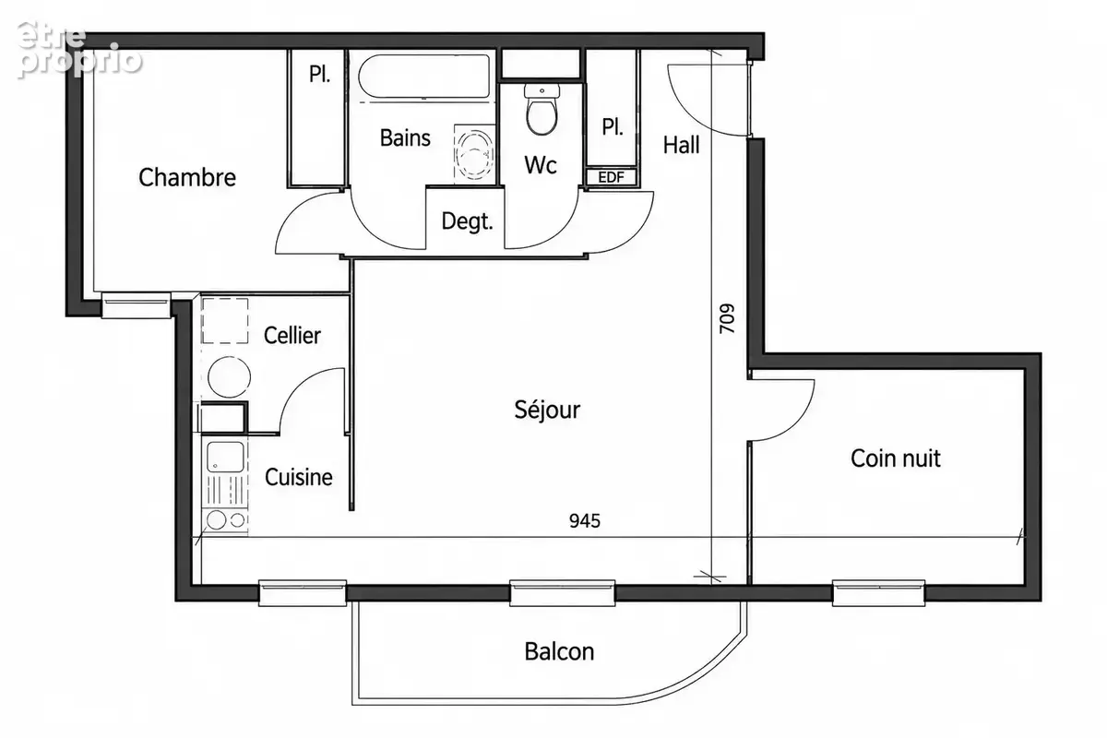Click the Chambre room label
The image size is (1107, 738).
click(186, 177)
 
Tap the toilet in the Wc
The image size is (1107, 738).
click(542, 109)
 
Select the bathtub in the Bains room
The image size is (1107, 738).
click(424, 77)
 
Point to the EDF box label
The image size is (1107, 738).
click(612, 177)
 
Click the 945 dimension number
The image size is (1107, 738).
click(585, 521)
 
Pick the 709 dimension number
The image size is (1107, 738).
click(727, 318)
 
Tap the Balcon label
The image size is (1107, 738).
click(559, 651)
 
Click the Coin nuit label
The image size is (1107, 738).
click(896, 458)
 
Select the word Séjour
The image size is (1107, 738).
click(547, 410)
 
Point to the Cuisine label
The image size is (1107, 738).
click(299, 477)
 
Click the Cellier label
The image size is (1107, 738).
click(292, 336)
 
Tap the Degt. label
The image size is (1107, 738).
click(467, 221)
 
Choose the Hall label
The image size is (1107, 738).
click(681, 146)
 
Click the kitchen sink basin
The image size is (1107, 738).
click(225, 458)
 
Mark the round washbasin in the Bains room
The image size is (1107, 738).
click(474, 153)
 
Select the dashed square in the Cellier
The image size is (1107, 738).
click(225, 321)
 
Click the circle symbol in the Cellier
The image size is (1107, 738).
click(229, 376)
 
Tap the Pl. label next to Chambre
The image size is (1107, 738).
click(319, 74)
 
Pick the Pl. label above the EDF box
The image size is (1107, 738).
click(613, 127)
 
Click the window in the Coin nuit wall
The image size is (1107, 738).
click(878, 592)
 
